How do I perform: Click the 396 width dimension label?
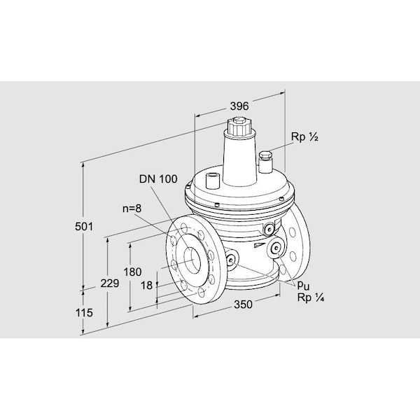[240, 106]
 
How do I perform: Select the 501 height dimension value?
[84, 227]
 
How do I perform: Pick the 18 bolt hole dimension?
[146, 286]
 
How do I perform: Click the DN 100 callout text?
[157, 179]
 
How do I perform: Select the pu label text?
[302, 286]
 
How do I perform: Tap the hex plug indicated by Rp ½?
[265, 155]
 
